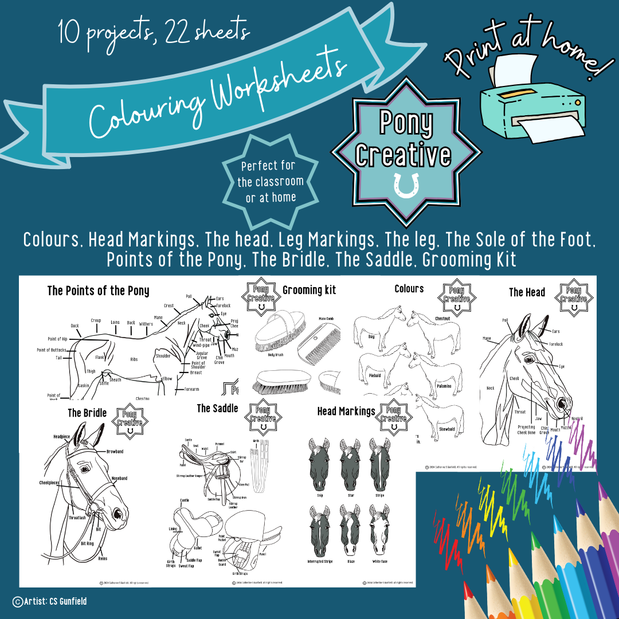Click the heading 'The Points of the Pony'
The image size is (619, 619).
point(98,291)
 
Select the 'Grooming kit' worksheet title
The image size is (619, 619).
point(309,290)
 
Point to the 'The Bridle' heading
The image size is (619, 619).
point(87,413)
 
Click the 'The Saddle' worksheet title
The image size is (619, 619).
point(217,408)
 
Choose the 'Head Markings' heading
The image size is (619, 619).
point(346,411)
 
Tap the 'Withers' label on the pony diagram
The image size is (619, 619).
point(146,324)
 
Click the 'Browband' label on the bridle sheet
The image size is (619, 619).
point(115,452)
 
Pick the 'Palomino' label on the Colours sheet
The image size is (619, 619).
point(444,386)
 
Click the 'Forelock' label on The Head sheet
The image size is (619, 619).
point(556,344)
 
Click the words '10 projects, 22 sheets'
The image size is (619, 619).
point(154,32)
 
